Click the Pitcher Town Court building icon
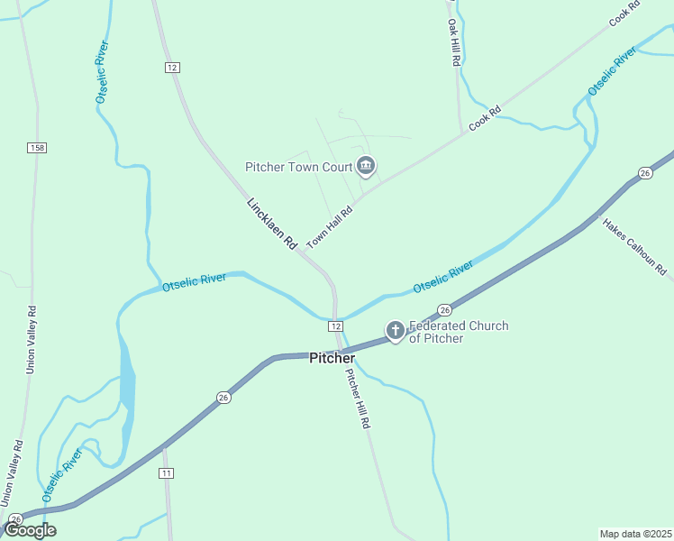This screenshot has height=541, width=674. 366,166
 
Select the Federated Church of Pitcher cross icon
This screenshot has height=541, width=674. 395,332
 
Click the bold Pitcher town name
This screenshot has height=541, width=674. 332,358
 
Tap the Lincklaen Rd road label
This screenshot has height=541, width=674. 271,224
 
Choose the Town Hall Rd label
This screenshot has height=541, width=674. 330,225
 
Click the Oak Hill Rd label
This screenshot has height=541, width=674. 455,41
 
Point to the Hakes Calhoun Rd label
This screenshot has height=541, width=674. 634,246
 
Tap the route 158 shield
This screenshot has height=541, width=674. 37,147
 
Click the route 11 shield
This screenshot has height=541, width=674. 166,473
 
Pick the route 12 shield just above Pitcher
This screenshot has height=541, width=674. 334,325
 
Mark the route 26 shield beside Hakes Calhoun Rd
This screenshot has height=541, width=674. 644,172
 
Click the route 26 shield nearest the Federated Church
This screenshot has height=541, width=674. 444,309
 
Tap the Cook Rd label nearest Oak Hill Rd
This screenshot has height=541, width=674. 484,120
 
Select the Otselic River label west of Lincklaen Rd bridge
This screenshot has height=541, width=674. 194,283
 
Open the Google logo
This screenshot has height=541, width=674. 29,530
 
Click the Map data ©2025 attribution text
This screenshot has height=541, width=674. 635,533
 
